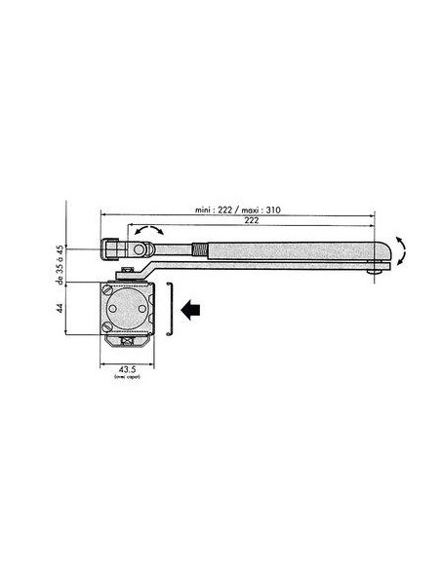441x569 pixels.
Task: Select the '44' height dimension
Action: (60, 308)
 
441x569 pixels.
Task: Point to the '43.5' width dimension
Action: (127, 370)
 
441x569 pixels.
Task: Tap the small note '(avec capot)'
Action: (127, 378)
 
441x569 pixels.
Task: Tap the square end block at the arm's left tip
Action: (109, 247)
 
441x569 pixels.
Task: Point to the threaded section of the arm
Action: (199, 245)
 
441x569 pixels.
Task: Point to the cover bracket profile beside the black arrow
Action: (170, 308)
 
